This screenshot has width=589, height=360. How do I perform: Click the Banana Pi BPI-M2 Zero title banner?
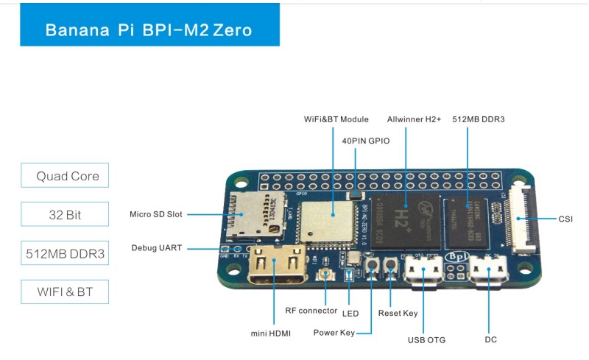point(149,30)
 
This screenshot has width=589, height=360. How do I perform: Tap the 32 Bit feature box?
point(65,215)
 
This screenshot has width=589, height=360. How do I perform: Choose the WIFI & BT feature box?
point(65,292)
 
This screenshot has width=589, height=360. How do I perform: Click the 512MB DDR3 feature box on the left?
point(65,254)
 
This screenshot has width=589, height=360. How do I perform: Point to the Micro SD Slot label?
point(155,214)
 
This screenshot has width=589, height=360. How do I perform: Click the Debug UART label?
point(156,247)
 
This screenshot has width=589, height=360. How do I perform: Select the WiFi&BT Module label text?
point(336,119)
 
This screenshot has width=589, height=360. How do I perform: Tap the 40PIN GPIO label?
point(366,140)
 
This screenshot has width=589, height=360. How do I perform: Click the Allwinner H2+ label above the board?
point(414,119)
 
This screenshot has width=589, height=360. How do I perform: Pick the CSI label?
point(565,218)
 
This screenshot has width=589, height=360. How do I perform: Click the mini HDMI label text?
point(271,333)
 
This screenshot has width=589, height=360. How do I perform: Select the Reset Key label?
point(398,313)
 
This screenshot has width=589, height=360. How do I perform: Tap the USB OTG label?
point(426,339)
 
